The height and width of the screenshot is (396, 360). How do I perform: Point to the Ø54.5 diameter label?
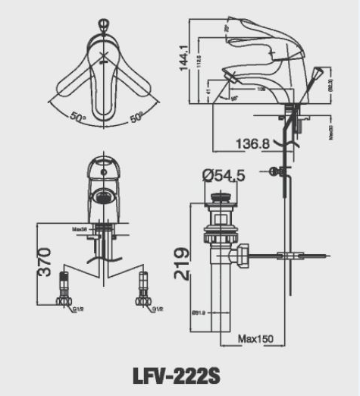point(223,176)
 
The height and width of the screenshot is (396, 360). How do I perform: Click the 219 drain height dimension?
point(183,263)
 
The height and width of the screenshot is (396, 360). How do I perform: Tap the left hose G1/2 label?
point(77,310)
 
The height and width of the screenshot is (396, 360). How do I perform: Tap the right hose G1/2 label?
point(157,310)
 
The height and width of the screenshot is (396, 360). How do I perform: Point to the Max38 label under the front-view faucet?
point(80,228)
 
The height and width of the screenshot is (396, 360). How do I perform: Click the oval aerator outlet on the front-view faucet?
point(102,197)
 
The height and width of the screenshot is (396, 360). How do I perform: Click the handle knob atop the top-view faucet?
point(103,29)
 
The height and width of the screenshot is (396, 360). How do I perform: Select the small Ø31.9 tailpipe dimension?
point(199,311)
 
